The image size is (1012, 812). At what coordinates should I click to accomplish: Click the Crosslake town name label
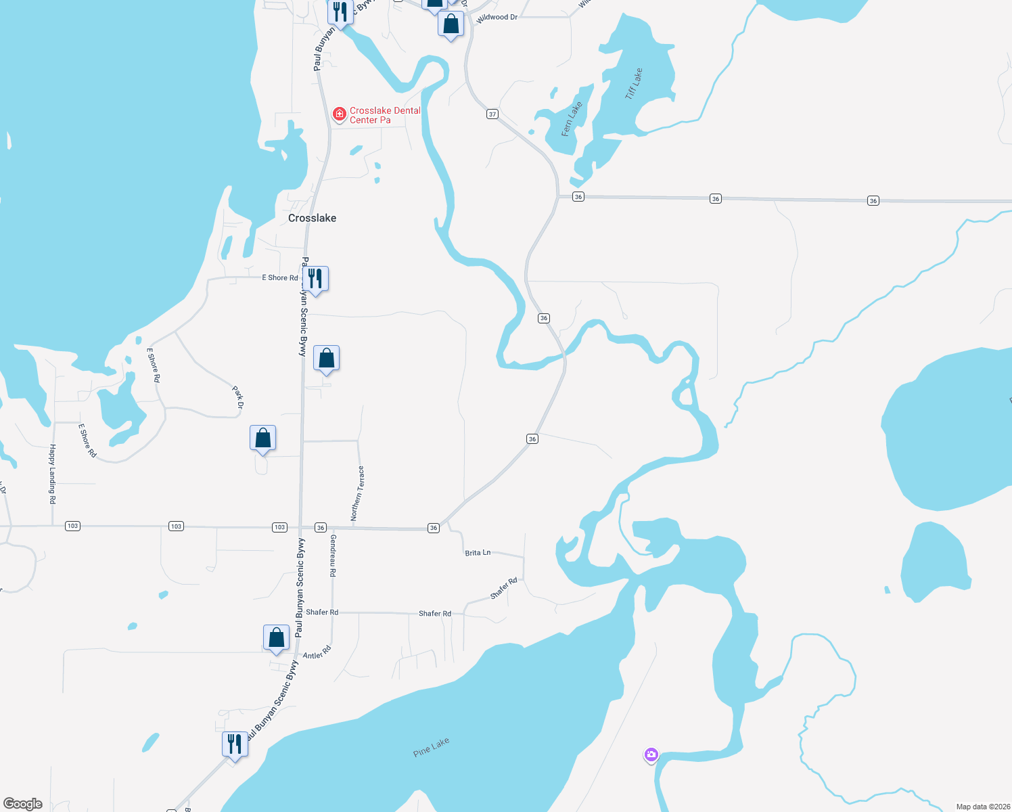pos(312,218)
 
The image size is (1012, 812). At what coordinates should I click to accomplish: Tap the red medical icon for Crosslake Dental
pos(340,114)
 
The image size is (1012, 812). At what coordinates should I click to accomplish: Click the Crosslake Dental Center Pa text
pos(384,115)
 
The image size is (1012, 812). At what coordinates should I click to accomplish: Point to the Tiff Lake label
pos(634,84)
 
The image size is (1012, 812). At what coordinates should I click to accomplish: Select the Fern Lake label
pos(572,119)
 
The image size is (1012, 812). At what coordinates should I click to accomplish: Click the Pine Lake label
pos(431,748)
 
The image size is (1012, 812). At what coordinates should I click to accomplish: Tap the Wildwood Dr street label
pos(497,18)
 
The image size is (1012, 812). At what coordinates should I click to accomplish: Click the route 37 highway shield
pos(492,114)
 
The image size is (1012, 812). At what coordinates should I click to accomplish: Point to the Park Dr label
pos(237,397)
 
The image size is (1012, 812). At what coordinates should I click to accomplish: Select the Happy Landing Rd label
pos(52,474)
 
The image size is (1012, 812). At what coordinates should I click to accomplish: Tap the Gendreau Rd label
pos(333,556)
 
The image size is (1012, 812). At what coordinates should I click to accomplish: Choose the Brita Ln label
pos(478,553)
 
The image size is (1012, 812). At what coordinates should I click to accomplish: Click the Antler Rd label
pos(317,653)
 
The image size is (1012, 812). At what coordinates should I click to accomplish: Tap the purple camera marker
pos(651,754)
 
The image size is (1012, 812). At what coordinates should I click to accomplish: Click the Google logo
pos(23,804)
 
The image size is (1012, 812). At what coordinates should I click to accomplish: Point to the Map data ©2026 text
pos(983,807)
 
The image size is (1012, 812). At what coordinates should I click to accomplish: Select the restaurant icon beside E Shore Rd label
pos(315,278)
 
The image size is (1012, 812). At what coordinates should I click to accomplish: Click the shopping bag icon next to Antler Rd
pos(276,637)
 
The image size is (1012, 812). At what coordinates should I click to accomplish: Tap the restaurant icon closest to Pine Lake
pos(235,744)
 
